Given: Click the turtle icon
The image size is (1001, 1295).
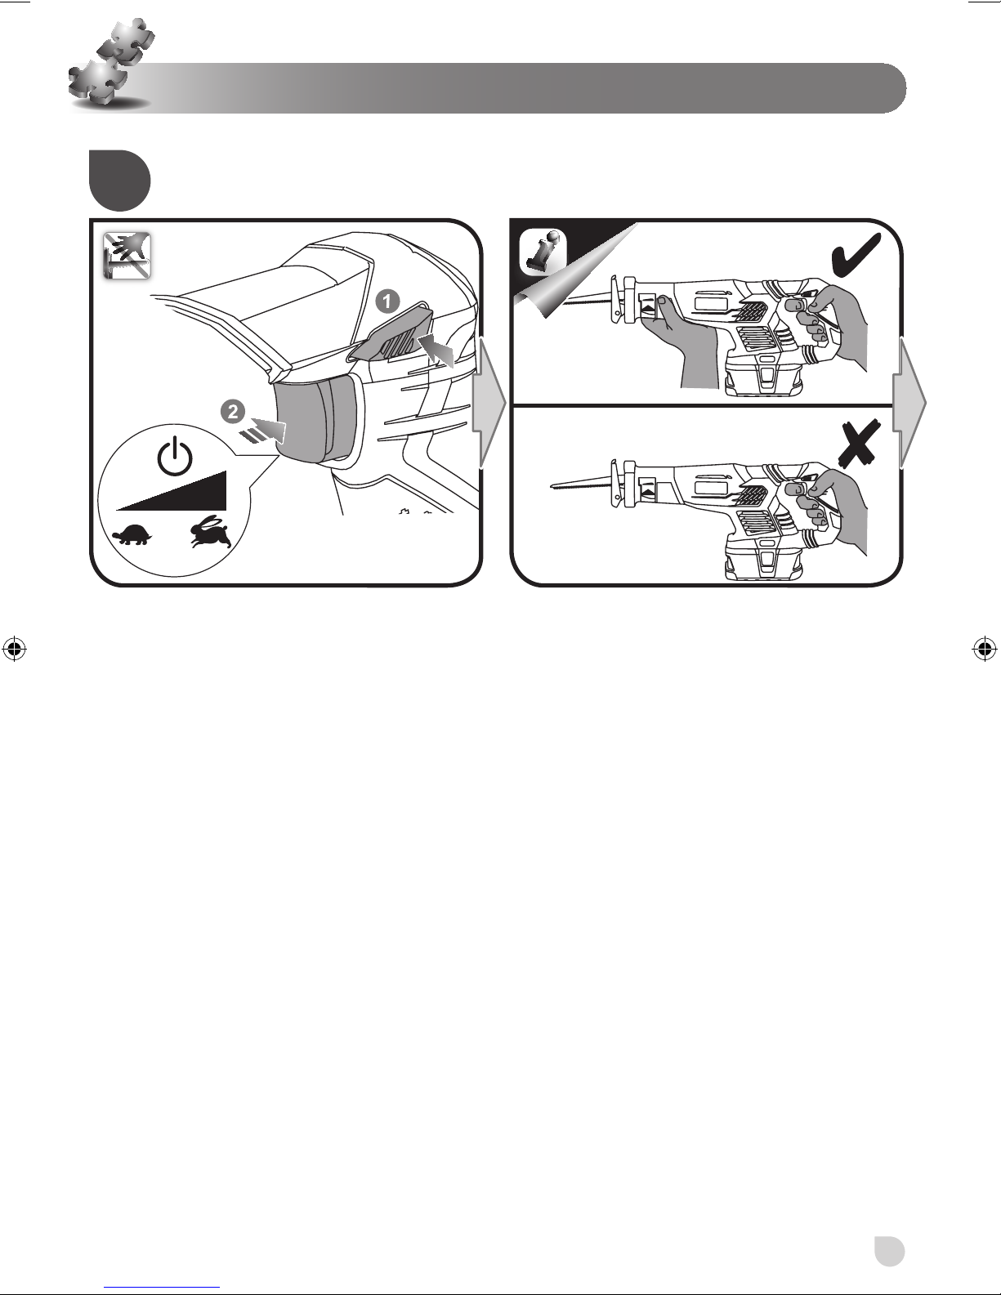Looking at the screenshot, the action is click(x=132, y=534).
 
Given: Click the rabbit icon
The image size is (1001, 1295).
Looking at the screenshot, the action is click(x=211, y=532).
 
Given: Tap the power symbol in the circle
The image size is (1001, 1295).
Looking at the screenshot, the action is click(x=175, y=455).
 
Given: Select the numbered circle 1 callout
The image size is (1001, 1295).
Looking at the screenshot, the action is click(x=387, y=301).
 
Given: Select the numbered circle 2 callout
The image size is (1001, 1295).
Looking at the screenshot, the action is click(x=233, y=411).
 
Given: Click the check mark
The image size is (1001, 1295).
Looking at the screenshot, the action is click(x=856, y=255).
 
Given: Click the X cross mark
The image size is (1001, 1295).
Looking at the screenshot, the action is click(x=859, y=444).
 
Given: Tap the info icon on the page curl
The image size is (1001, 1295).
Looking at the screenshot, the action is click(x=543, y=252).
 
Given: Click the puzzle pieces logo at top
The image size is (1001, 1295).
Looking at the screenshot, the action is click(x=111, y=69).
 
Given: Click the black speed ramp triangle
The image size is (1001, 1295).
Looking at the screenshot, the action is click(x=172, y=490).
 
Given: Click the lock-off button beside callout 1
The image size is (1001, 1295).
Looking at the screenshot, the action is click(x=391, y=333).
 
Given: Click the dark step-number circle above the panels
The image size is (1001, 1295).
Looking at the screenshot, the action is click(x=120, y=181).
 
